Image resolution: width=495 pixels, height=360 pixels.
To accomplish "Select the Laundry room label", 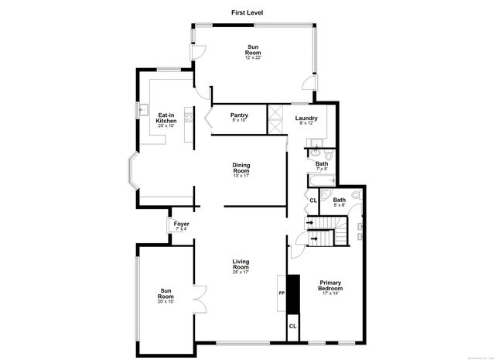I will (x=306, y=120).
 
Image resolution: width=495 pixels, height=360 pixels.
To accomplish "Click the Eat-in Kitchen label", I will (x=166, y=119).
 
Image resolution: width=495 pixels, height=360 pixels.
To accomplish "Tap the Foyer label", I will (x=182, y=225).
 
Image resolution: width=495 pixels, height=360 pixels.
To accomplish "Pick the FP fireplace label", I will (x=282, y=294).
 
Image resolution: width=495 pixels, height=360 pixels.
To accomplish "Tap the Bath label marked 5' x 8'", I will (x=339, y=202).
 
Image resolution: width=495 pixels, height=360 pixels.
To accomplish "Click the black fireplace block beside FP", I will (x=292, y=295).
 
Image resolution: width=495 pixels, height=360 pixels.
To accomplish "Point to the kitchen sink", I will (x=143, y=110).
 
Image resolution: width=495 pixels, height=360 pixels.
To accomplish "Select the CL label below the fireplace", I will (x=292, y=326).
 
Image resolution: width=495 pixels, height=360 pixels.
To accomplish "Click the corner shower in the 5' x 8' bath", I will (x=355, y=197).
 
